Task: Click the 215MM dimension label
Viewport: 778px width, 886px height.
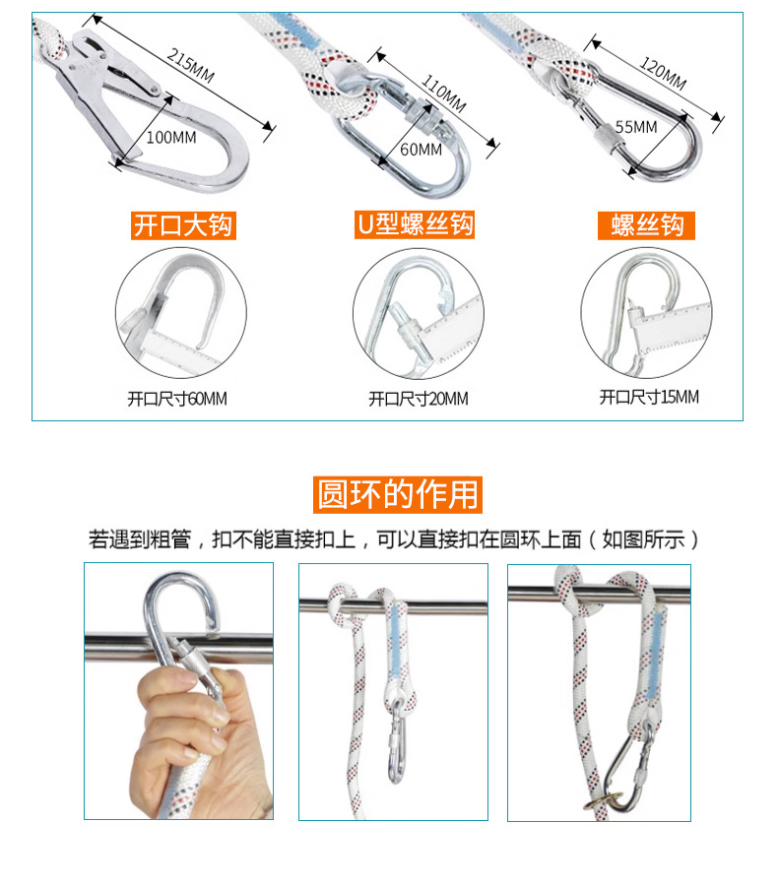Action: [x=191, y=66]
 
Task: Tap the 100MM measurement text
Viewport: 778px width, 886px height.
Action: [x=170, y=137]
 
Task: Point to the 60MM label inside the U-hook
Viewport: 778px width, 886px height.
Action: [x=421, y=149]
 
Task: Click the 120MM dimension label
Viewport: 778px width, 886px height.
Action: [x=662, y=74]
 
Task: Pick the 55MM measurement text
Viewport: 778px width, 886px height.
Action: [x=635, y=126]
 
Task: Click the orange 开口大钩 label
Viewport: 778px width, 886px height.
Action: [x=183, y=225]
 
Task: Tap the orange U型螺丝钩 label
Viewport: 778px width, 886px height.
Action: [x=414, y=224]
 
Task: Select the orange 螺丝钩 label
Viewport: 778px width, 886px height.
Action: [x=647, y=225]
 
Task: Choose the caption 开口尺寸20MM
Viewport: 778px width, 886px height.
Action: [x=419, y=400]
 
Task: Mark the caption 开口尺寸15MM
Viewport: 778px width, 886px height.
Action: [x=649, y=398]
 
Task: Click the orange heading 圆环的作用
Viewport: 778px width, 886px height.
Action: [x=398, y=493]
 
